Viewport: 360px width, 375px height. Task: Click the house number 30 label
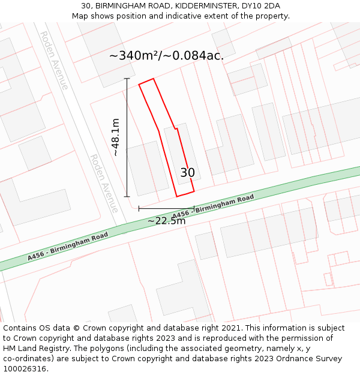click(187, 173)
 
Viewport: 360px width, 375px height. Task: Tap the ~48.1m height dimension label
click(115, 137)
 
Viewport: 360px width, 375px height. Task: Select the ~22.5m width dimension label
click(166, 221)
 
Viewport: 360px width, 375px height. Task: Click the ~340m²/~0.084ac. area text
click(166, 56)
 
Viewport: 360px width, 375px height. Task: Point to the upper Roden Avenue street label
click(54, 61)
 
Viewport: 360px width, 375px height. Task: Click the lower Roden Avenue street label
click(104, 183)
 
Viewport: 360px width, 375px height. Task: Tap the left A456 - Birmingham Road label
click(68, 246)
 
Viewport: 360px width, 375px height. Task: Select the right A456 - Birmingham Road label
click(213, 206)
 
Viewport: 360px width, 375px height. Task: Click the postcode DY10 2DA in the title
click(260, 6)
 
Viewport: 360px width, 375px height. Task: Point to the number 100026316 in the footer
click(25, 369)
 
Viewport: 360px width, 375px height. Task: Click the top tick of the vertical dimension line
click(127, 79)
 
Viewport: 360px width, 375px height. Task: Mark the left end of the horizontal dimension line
click(139, 209)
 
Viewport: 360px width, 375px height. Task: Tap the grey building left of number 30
click(147, 169)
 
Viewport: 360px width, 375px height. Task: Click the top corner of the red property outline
click(154, 79)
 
